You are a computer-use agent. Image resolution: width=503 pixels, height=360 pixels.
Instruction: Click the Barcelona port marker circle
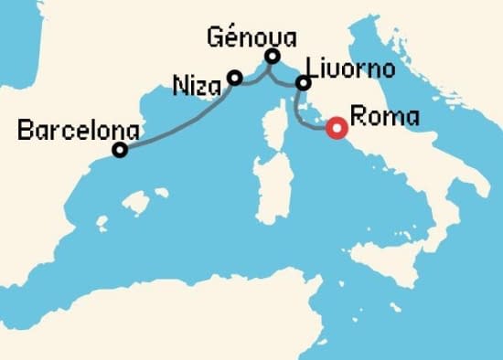tap(119, 150)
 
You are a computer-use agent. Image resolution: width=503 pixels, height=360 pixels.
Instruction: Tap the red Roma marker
tap(336, 129)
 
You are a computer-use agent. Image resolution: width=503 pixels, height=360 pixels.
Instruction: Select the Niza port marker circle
tap(234, 78)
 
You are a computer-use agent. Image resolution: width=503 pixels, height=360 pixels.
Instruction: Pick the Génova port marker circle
tap(272, 57)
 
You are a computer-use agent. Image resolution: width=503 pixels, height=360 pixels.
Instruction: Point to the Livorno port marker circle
tap(303, 84)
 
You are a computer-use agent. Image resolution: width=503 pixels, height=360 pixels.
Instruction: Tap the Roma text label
tap(385, 117)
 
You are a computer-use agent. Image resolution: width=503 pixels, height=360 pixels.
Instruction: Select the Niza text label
tap(198, 89)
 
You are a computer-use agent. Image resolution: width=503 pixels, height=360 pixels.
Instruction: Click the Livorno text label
tap(351, 69)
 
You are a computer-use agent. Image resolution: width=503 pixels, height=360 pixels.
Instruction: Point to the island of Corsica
tap(276, 127)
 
